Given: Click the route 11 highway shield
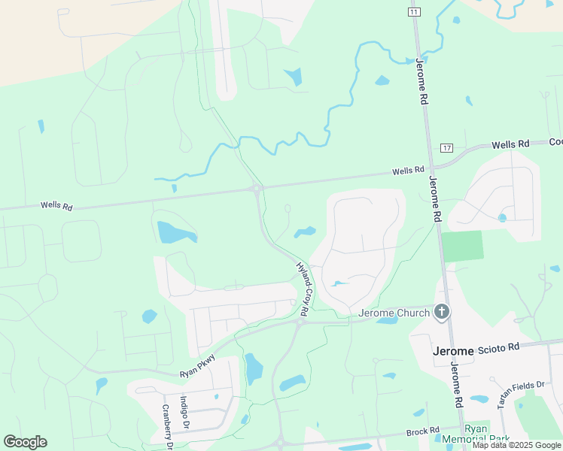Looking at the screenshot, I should pos(414,12).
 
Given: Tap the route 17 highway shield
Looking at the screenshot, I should pos(447,147).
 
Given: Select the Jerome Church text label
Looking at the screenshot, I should pos(394,312).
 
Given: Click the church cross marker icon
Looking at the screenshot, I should pos(442,311).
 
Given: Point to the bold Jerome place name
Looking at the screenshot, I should pos(454,351).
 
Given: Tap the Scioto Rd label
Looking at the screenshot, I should pos(503,347).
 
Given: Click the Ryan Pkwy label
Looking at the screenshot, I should pos(197,366).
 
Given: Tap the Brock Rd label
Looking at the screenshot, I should pos(422,432).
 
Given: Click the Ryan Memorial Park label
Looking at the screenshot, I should pos(487,434).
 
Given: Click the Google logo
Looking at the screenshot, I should pos(25,442).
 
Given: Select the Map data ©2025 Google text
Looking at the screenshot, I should pos(516,445).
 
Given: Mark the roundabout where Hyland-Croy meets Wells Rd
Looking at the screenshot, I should pos(257,188).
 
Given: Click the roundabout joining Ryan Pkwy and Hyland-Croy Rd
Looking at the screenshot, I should pos(300,322).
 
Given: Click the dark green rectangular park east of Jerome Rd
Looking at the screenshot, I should pos(461,246).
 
